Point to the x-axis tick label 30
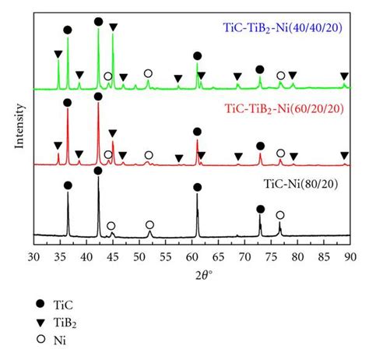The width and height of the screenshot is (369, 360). coord(33,254)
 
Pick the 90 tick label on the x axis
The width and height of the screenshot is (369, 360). coord(350,254)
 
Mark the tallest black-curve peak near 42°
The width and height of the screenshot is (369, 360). coord(98,182)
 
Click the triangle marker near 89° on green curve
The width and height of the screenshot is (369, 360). coord(344,76)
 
